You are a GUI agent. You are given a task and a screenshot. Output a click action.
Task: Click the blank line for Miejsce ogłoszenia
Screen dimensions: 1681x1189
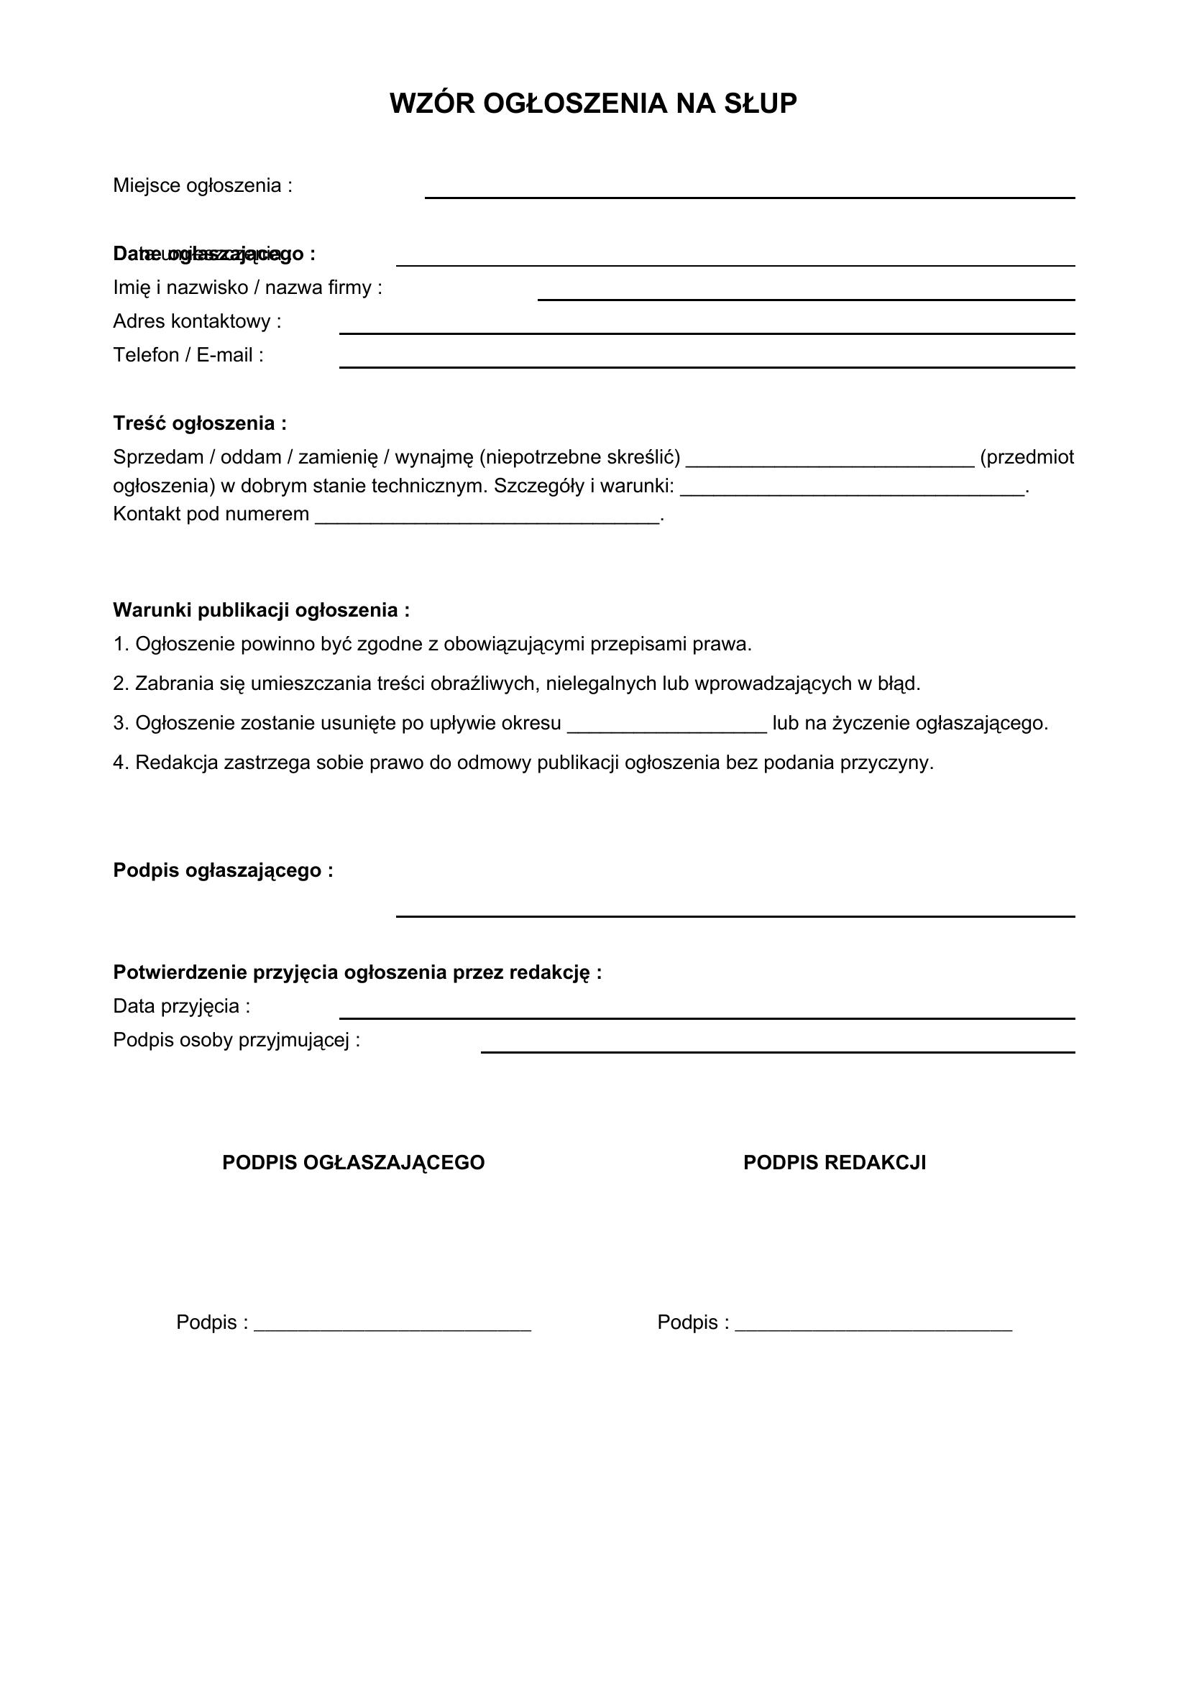point(749,196)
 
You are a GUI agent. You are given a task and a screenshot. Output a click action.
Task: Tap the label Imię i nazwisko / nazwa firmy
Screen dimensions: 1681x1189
point(247,287)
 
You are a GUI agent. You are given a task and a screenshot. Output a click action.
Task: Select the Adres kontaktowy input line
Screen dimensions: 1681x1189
point(707,333)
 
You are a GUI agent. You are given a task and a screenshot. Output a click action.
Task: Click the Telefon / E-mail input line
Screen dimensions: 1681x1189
point(707,366)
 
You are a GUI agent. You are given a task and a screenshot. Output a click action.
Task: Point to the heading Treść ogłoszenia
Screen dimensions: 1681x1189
point(199,423)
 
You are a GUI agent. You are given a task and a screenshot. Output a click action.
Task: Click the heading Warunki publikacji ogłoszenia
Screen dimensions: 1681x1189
point(261,610)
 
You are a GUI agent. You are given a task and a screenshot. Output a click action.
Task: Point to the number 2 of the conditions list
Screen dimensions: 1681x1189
point(119,683)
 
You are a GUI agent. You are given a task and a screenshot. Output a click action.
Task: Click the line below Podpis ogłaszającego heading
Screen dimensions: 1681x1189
point(735,915)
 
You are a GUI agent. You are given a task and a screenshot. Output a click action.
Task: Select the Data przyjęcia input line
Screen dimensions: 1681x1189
point(707,1017)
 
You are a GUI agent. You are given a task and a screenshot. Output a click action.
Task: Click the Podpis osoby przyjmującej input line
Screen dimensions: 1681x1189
point(778,1051)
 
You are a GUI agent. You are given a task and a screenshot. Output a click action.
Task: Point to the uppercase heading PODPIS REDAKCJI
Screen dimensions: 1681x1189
point(835,1163)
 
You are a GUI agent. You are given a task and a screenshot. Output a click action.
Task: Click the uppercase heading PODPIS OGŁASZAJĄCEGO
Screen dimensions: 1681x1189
point(353,1163)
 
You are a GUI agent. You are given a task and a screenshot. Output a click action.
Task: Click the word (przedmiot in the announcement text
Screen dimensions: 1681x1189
point(1027,458)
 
